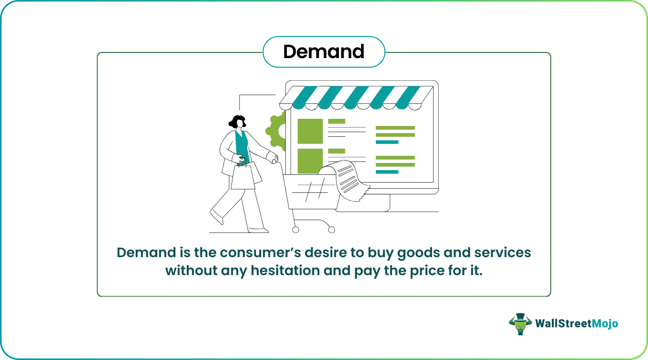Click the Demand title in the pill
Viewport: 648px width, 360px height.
[x=323, y=51]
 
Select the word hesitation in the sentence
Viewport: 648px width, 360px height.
[x=285, y=271]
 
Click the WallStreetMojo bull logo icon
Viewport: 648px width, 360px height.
[x=520, y=324]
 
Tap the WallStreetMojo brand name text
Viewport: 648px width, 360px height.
[x=576, y=323]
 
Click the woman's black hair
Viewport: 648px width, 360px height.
[x=237, y=121]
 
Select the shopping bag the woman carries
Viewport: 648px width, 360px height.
[x=243, y=176]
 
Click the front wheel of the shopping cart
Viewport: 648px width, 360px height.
[x=332, y=230]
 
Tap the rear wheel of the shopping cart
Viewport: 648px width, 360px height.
[x=296, y=230]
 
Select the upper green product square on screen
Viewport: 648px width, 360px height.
[x=310, y=131]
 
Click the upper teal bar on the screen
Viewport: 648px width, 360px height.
[x=387, y=142]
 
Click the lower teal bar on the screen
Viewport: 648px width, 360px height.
[x=387, y=172]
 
